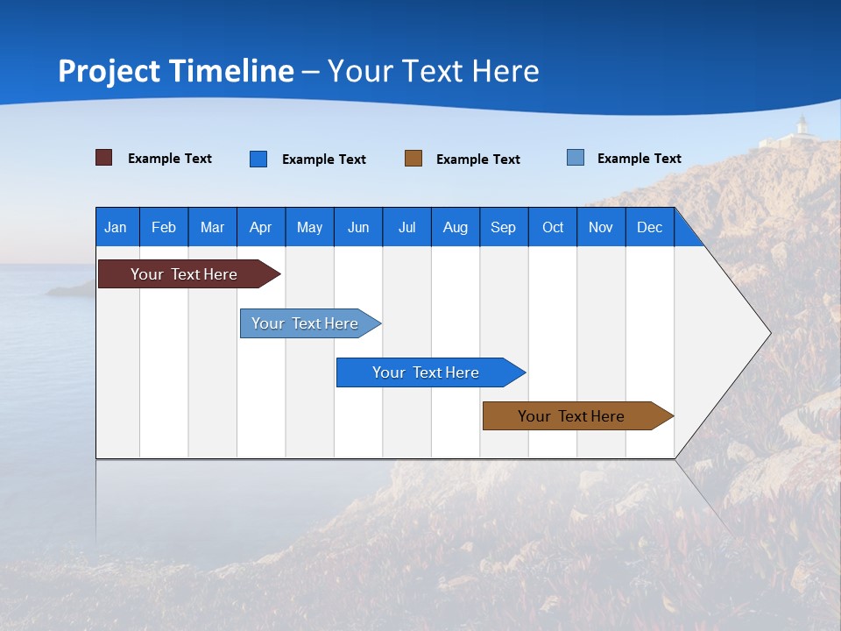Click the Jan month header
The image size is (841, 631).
pos(117,227)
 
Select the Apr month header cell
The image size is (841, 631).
pos(261,227)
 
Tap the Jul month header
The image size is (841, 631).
pos(406,227)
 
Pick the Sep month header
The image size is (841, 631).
pos(503,227)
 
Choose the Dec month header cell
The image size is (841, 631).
pos(649,227)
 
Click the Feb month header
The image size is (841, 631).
pos(164,227)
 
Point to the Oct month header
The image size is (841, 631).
pos(553,227)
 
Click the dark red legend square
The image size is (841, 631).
pos(104,158)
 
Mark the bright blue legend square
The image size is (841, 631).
pos(258,159)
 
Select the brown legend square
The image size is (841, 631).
pos(413,159)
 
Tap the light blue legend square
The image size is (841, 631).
pos(576,158)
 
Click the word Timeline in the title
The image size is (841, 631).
pos(231,71)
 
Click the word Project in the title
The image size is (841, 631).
pos(110,71)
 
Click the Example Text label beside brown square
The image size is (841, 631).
pos(478,160)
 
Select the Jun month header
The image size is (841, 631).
pos(358,227)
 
